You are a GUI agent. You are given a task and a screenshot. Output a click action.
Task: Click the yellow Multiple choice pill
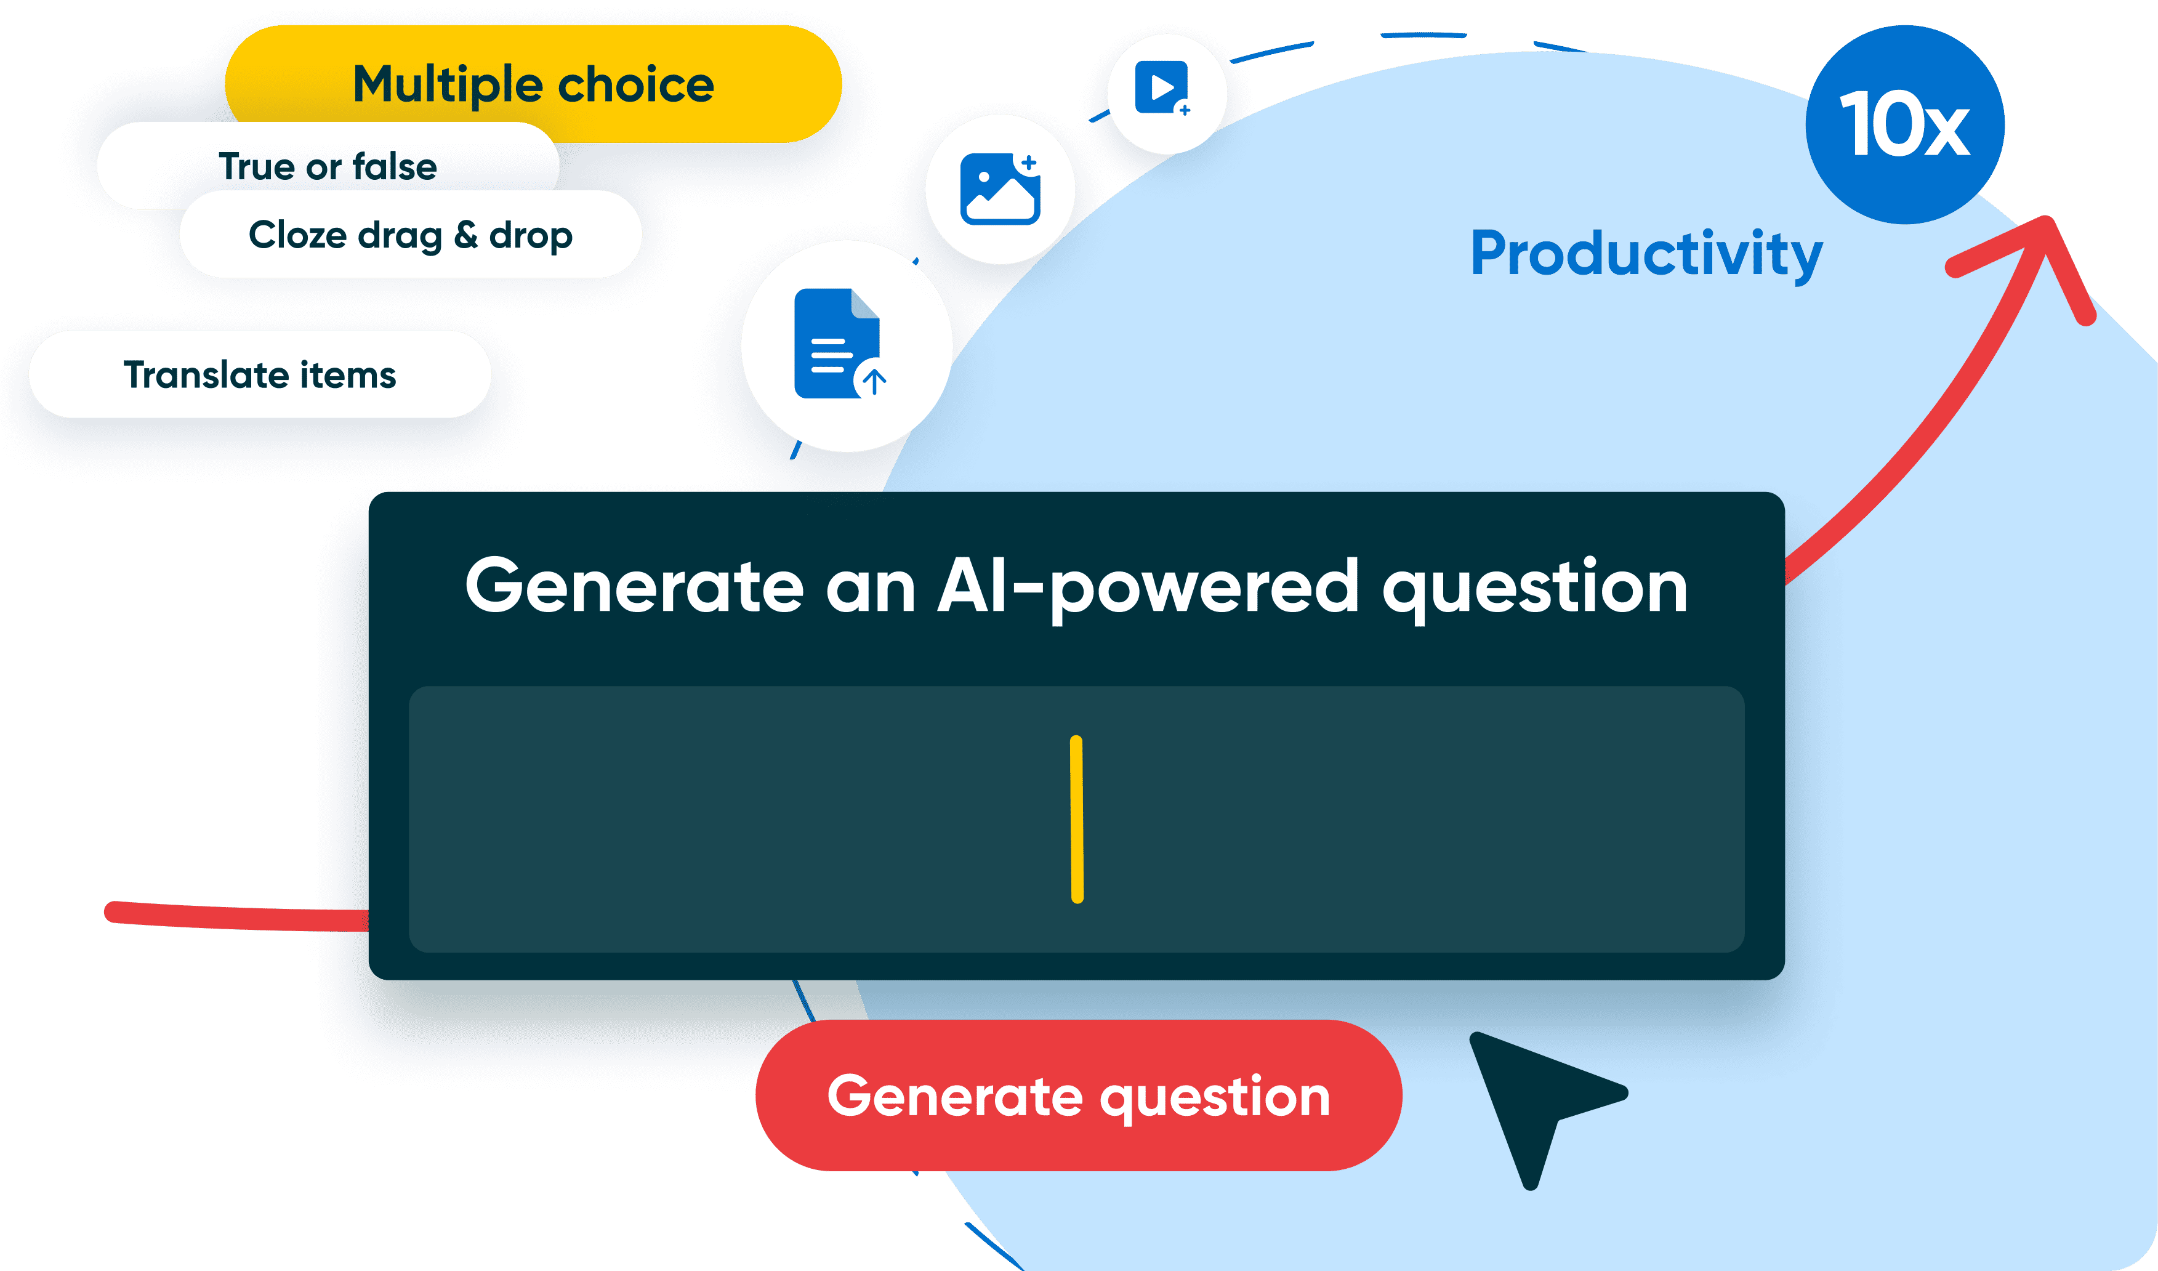[533, 84]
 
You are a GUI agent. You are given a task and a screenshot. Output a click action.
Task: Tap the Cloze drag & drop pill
[410, 235]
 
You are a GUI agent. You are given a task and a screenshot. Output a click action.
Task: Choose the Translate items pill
[259, 374]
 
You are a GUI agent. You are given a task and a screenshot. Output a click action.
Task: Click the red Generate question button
[1078, 1095]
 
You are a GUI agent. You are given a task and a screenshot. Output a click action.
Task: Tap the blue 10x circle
[1904, 125]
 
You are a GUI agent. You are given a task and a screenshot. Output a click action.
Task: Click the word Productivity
[1646, 254]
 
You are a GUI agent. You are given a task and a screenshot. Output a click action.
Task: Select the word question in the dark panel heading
[1534, 587]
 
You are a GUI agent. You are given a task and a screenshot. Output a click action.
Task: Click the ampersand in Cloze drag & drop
[465, 235]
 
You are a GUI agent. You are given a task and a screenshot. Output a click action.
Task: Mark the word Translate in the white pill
[206, 374]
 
